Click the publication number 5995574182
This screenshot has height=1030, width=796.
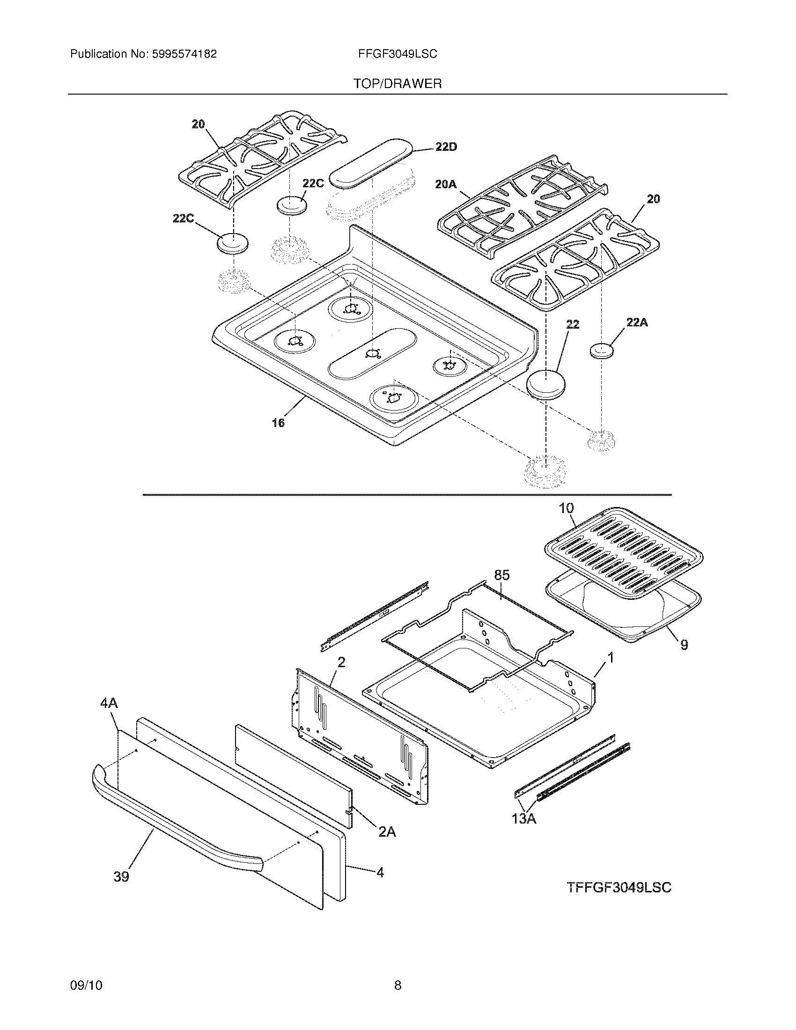tap(184, 54)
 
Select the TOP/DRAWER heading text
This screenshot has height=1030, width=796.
tap(398, 84)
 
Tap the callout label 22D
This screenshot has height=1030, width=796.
tap(446, 147)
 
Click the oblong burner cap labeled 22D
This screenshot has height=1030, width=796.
tap(369, 163)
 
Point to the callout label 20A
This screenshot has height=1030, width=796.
tap(446, 184)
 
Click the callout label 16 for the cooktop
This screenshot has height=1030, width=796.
tap(278, 423)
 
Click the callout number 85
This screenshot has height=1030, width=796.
tap(502, 575)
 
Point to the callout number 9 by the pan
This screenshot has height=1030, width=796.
tap(684, 644)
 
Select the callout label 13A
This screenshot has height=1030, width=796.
tap(523, 819)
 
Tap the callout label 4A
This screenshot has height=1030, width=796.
tap(109, 717)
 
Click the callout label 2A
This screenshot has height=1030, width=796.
tap(387, 832)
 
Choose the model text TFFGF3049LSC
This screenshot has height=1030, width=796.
tap(619, 888)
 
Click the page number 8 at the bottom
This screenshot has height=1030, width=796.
tap(398, 968)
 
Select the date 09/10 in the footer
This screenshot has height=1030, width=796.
tap(86, 968)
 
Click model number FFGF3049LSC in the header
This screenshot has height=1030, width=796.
tap(398, 54)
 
